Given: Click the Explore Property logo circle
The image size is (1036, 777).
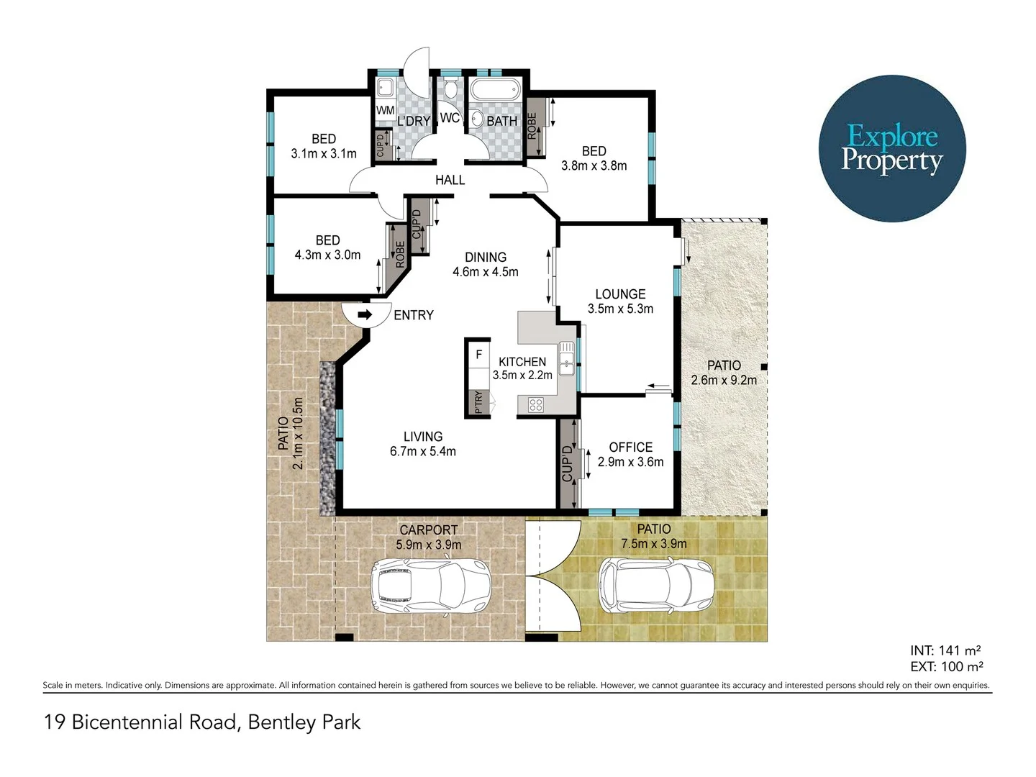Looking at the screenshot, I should pyautogui.click(x=892, y=148).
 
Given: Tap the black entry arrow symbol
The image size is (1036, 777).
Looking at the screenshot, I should pyautogui.click(x=365, y=314).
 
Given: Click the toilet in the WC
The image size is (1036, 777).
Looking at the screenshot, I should pyautogui.click(x=450, y=90).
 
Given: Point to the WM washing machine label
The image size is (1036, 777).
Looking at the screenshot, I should pyautogui.click(x=385, y=110).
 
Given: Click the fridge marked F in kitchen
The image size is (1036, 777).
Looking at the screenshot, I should pyautogui.click(x=478, y=355).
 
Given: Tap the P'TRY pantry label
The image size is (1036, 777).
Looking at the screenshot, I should pyautogui.click(x=478, y=402).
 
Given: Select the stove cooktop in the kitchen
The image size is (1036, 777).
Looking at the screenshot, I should pyautogui.click(x=535, y=404).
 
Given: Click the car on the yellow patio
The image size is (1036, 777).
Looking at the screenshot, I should pyautogui.click(x=656, y=581).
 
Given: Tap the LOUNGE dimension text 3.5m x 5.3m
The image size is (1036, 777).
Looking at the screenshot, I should pyautogui.click(x=620, y=309).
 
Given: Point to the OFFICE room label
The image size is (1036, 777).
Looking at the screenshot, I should pyautogui.click(x=630, y=447).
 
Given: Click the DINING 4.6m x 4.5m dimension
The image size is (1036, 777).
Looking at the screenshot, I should pyautogui.click(x=485, y=272).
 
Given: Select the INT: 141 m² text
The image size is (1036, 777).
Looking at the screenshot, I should pyautogui.click(x=945, y=650).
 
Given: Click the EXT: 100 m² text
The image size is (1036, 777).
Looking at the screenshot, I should pyautogui.click(x=946, y=667).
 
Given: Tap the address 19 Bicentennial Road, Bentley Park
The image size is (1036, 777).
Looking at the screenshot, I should pyautogui.click(x=202, y=722).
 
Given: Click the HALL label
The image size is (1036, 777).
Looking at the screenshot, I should pyautogui.click(x=450, y=180).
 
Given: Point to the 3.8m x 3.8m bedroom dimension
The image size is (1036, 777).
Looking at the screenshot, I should pyautogui.click(x=594, y=166).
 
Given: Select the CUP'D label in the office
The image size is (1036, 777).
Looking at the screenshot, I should pyautogui.click(x=568, y=463).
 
